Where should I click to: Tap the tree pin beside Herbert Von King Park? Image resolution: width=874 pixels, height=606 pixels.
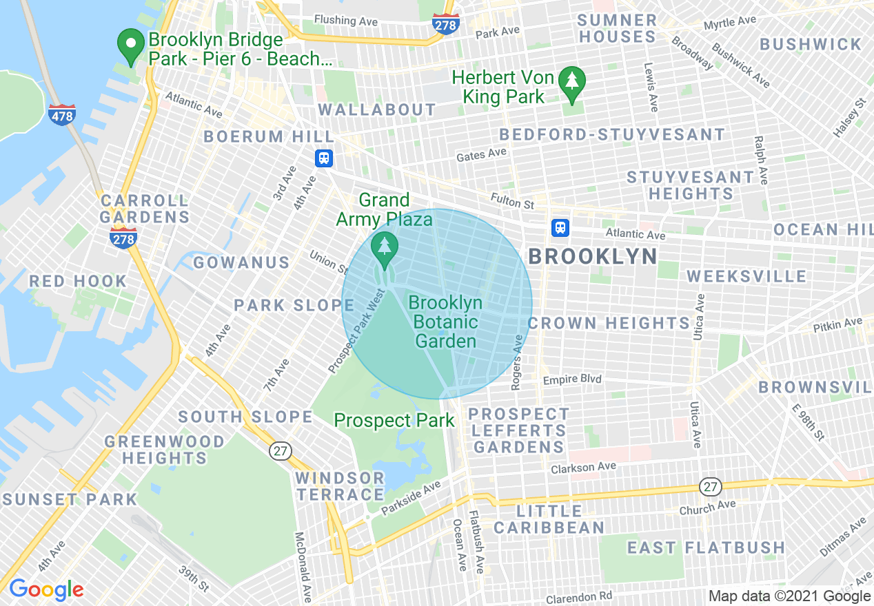571,83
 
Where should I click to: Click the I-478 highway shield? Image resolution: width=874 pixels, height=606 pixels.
62,115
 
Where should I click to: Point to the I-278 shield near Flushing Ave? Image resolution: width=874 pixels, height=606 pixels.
446,24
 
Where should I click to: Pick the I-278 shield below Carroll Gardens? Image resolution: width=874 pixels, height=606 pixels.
123,238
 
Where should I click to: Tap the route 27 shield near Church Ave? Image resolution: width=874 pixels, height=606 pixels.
711,487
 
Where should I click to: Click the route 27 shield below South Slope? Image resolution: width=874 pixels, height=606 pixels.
281,451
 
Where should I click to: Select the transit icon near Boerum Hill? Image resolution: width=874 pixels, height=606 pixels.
324,158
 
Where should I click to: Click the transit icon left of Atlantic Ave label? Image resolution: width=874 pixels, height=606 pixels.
560,228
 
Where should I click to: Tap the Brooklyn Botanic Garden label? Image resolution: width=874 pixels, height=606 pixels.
445,322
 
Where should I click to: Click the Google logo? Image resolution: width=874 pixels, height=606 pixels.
46,589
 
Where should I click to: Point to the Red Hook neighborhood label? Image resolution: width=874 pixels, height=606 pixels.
78,281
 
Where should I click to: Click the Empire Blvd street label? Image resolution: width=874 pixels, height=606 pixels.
572,379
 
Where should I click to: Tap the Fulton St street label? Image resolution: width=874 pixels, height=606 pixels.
512,201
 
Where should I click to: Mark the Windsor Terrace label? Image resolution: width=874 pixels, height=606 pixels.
340,485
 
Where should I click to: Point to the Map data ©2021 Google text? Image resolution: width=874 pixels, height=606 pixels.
790,596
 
